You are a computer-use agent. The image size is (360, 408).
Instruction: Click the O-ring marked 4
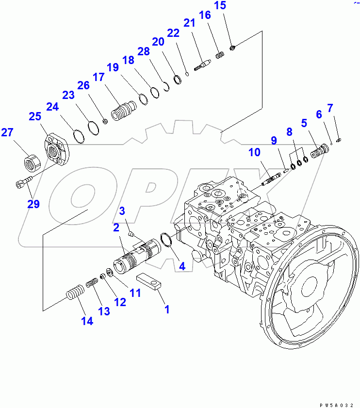tap(165, 240)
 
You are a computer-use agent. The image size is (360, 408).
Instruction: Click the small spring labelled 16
tap(219, 56)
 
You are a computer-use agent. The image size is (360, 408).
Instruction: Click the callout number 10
tap(254, 153)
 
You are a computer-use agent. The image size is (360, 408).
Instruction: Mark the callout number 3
tap(123, 211)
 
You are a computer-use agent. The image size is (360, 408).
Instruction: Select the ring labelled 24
tap(79, 136)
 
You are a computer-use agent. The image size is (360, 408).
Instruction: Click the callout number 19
tap(113, 68)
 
